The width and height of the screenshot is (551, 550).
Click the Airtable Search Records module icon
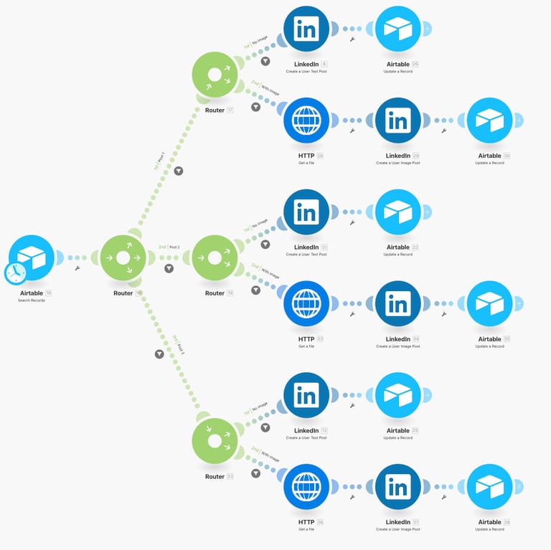click(32, 257)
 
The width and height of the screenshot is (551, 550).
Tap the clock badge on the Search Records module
click(14, 272)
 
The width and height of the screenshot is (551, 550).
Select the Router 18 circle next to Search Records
click(123, 257)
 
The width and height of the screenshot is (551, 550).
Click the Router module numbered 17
click(215, 75)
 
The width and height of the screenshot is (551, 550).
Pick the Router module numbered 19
click(215, 257)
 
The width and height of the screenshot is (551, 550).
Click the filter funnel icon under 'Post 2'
click(169, 268)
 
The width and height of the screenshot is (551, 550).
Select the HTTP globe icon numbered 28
click(306, 120)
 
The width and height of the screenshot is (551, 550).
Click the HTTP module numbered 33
click(306, 303)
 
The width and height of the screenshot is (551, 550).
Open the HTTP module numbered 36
click(306, 487)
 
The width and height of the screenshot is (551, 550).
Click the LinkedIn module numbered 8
click(306, 29)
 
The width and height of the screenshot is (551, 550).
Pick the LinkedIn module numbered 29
click(397, 120)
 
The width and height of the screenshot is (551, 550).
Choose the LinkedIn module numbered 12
click(306, 395)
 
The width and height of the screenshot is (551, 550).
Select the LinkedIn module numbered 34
click(397, 303)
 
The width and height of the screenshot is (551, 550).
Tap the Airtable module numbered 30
click(489, 120)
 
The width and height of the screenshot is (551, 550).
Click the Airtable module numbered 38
click(489, 487)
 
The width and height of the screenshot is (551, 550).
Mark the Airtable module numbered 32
click(397, 212)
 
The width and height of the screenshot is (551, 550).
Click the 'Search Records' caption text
click(32, 300)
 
